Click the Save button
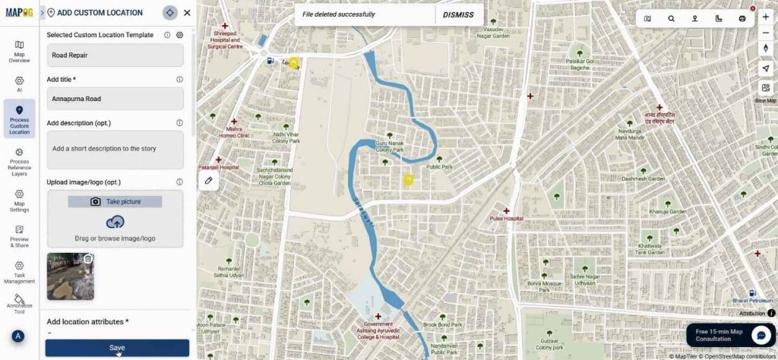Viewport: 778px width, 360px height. (117, 348)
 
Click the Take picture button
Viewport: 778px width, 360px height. (115, 201)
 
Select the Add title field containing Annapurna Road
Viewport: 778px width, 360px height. (115, 99)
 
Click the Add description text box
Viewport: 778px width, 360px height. (115, 150)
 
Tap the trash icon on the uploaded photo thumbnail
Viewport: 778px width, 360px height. (87, 259)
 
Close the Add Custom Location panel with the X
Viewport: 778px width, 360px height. (187, 12)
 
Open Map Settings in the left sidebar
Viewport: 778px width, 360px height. (19, 201)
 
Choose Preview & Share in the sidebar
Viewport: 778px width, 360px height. (19, 236)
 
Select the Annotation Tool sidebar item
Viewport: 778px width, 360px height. (19, 304)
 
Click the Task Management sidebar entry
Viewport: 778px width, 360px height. (19, 270)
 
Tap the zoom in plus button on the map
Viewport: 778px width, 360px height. (765, 17)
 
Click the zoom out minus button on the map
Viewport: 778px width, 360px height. (765, 33)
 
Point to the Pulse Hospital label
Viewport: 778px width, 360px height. (506, 219)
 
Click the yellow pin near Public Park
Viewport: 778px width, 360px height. (408, 180)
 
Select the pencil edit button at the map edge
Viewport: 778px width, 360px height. (208, 180)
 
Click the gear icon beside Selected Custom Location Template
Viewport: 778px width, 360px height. (180, 35)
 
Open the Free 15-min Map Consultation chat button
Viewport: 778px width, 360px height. (761, 335)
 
